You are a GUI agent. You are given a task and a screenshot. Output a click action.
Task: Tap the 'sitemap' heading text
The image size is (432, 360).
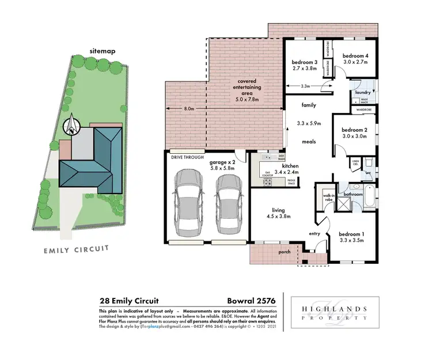pyautogui.click(x=103, y=51)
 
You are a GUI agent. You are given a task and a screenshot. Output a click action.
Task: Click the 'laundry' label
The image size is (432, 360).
pyautogui.click(x=363, y=92)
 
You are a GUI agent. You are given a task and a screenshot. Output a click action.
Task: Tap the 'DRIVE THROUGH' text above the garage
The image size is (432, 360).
pyautogui.click(x=184, y=156)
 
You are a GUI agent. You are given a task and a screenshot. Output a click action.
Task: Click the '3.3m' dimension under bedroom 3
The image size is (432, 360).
pyautogui.click(x=306, y=86)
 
